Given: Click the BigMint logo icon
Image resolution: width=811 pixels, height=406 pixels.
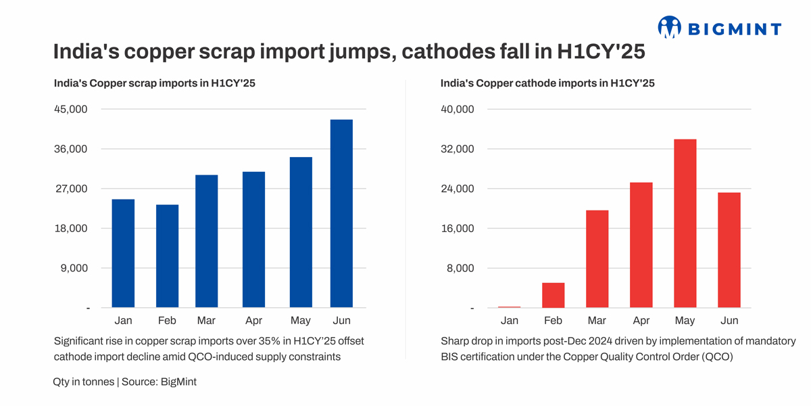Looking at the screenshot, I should click(x=670, y=27).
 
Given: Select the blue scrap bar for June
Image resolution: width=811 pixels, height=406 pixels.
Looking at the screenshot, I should click(x=341, y=214).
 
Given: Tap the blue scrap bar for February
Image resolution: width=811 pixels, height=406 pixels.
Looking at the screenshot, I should click(x=167, y=256).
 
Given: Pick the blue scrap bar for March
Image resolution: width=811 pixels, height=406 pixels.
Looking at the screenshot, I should click(x=207, y=242).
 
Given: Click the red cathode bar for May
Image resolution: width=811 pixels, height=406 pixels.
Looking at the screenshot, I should click(x=685, y=223).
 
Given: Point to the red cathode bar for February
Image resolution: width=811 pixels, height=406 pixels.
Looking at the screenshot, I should click(x=553, y=295).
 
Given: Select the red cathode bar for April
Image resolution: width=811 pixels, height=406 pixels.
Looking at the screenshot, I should click(x=641, y=245).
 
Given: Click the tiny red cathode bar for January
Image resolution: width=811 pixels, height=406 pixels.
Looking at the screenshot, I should click(x=509, y=307).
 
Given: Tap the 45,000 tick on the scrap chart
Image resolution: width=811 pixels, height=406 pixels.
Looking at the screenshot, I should click(x=70, y=110).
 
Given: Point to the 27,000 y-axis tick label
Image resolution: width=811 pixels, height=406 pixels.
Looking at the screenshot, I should click(x=70, y=189).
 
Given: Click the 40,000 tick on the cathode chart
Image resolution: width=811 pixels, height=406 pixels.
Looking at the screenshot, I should click(x=457, y=110).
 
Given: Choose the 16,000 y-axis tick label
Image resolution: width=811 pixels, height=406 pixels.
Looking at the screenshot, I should click(x=457, y=229).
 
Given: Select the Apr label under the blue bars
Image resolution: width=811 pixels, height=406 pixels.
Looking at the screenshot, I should click(x=253, y=321).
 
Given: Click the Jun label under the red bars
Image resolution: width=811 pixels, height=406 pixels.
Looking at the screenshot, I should click(x=729, y=321).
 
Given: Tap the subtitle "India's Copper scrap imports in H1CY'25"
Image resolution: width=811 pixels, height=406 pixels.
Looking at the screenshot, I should click(x=154, y=83).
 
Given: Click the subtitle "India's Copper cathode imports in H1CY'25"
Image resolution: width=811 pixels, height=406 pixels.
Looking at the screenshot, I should click(x=547, y=83).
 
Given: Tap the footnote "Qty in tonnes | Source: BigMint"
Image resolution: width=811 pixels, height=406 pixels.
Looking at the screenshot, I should click(x=124, y=382).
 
